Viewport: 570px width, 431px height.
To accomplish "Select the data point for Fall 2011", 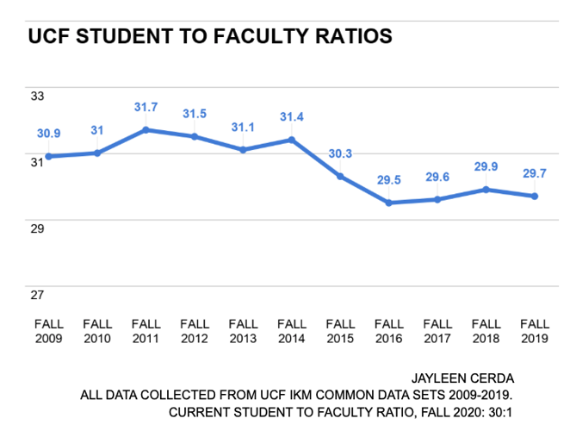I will tap(146, 130).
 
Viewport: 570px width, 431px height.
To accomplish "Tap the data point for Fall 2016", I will tap(389, 203).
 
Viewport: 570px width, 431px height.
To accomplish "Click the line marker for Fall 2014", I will tap(292, 140).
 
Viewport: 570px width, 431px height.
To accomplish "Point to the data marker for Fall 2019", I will tap(535, 196).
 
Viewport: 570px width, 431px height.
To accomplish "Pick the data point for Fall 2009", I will tap(49, 156).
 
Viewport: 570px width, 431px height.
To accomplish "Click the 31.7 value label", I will tap(146, 108).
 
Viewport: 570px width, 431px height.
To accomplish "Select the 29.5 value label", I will tap(389, 180).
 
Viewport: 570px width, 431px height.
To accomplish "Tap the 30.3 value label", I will tap(340, 153).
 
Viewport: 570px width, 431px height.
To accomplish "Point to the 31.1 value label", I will tap(244, 127).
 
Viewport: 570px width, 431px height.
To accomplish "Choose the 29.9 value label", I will tap(486, 166).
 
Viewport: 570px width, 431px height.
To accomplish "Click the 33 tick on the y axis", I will tap(37, 96).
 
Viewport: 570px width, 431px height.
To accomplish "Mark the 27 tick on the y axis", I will tap(37, 295).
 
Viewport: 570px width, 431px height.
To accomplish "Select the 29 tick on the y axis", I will tap(37, 228).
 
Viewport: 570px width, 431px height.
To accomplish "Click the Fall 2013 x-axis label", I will tap(244, 332).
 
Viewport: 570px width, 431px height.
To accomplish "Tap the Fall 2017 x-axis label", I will tap(437, 332).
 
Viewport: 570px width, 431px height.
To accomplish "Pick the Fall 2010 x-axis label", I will tap(97, 332).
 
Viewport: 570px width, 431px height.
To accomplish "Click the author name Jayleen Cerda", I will tap(462, 377).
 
